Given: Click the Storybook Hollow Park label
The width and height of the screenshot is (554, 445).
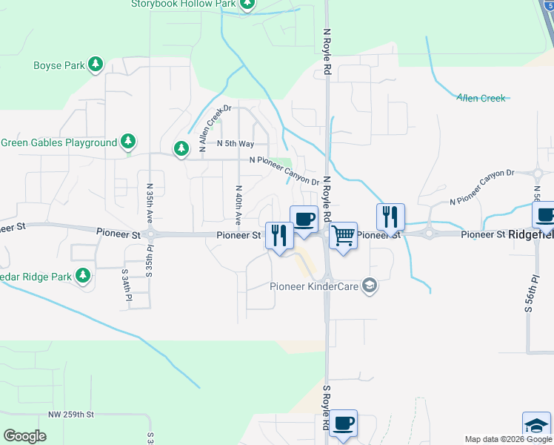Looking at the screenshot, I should pyautogui.click(x=183, y=4).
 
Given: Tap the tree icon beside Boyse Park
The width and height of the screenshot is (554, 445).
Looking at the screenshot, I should pyautogui.click(x=95, y=65).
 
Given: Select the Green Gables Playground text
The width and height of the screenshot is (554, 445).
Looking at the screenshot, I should pyautogui.click(x=59, y=142).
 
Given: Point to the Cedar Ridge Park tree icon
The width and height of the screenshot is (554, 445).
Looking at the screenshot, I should pyautogui.click(x=82, y=277).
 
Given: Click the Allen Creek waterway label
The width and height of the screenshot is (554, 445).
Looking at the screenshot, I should pyautogui.click(x=481, y=98).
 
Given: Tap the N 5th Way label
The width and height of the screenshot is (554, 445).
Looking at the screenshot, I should pyautogui.click(x=236, y=143).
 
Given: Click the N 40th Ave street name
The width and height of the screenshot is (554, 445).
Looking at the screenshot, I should pyautogui.click(x=238, y=205).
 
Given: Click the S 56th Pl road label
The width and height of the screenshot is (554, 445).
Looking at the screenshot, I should pyautogui.click(x=530, y=293).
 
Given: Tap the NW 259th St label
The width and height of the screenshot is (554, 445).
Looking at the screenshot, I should pyautogui.click(x=72, y=414).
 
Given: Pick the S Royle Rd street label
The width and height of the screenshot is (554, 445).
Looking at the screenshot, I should pyautogui.click(x=325, y=408).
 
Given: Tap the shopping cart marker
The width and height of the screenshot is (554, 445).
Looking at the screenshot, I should pyautogui.click(x=343, y=236).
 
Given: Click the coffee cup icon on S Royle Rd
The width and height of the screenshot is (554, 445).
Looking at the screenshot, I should pyautogui.click(x=343, y=423).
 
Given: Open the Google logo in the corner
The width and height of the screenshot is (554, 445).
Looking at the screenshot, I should pyautogui.click(x=24, y=436).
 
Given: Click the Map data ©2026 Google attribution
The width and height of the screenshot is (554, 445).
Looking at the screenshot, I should pyautogui.click(x=508, y=439).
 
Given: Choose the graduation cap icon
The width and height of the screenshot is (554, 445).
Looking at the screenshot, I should pyautogui.click(x=536, y=426).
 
